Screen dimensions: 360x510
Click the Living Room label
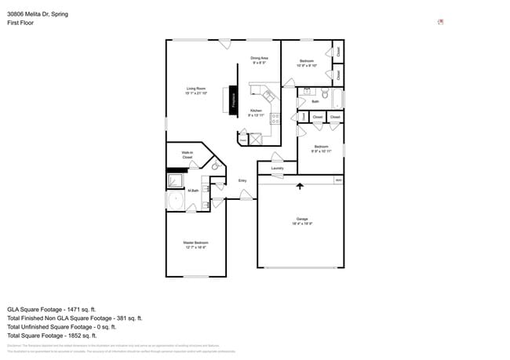click(x=195, y=91)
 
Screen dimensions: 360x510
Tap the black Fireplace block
click(x=232, y=100)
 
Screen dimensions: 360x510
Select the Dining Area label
click(x=260, y=60)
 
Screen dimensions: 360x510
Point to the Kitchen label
click(x=256, y=113)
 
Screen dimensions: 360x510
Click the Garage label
click(x=302, y=221)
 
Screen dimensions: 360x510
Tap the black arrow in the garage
click(x=300, y=187)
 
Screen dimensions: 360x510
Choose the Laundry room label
click(x=277, y=168)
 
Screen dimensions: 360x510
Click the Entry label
click(x=242, y=181)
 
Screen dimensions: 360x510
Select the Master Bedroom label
click(x=195, y=244)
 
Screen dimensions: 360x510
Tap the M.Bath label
click(x=192, y=190)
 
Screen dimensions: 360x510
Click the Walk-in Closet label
click(x=188, y=155)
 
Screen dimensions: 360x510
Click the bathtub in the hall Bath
click(x=338, y=100)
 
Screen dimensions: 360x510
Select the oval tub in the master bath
click(x=174, y=202)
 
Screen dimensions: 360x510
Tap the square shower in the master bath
click(x=174, y=181)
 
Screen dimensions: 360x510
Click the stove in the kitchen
click(x=275, y=119)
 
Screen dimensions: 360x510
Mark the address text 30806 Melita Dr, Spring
click(x=38, y=13)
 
